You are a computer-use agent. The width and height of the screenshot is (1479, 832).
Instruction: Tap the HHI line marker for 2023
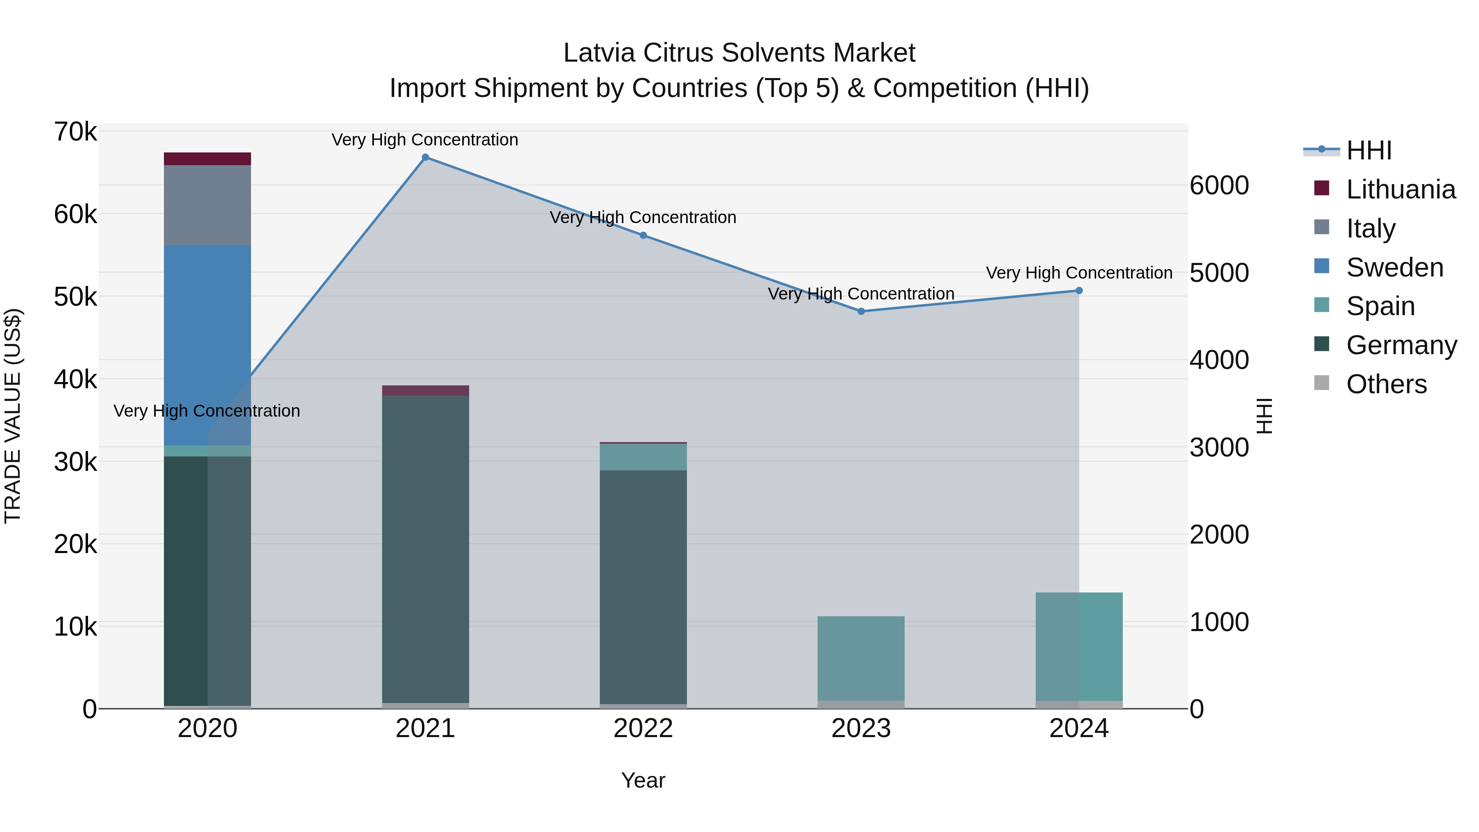(x=861, y=311)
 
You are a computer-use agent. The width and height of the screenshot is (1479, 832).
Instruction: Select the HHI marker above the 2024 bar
(x=1079, y=290)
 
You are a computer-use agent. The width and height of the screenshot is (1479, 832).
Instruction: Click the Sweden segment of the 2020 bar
(x=207, y=345)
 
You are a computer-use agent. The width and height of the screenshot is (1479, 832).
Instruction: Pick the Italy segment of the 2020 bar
(x=207, y=205)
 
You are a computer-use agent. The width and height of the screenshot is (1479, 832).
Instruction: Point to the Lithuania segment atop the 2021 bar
(x=426, y=390)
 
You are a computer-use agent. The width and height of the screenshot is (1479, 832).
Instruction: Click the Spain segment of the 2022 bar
(x=643, y=457)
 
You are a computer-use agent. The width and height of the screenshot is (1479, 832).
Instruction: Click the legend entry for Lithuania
(x=1401, y=189)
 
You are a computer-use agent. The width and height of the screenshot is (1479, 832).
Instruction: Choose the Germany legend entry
(x=1401, y=345)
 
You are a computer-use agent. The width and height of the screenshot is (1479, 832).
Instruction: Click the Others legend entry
(x=1386, y=384)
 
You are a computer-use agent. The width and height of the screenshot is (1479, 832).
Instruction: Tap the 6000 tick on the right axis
(x=1219, y=185)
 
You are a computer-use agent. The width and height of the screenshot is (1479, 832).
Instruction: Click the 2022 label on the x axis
(x=643, y=728)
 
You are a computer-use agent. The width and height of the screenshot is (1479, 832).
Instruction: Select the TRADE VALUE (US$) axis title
(x=13, y=416)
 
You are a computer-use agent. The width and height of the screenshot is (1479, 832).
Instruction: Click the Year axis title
(x=643, y=780)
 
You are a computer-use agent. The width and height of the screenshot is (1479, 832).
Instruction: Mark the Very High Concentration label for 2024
(x=1079, y=273)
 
